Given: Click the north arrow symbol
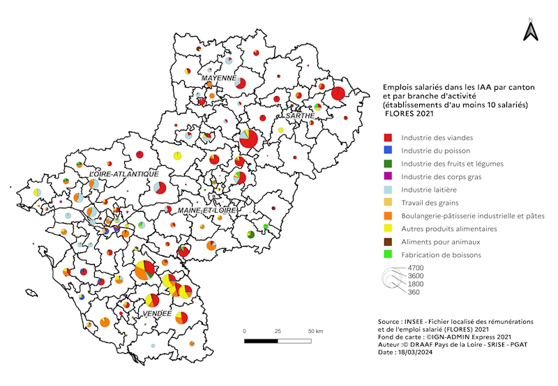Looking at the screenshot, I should (530, 30).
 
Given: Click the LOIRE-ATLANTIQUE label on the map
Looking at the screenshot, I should (123, 173).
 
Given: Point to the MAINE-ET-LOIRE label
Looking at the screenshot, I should (207, 210).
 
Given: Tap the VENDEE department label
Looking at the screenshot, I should (156, 314).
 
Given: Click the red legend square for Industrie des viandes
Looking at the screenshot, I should (388, 137).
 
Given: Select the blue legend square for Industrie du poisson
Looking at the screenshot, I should (388, 150).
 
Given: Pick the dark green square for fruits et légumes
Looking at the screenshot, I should (388, 164).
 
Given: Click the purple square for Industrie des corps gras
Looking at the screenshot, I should (388, 177).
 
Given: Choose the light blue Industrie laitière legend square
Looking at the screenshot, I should (388, 190).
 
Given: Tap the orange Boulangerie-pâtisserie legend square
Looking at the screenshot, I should (388, 216).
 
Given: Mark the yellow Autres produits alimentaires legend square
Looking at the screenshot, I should (388, 229).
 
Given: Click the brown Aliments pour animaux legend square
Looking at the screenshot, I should (388, 242).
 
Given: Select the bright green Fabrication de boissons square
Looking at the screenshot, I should (388, 255).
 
